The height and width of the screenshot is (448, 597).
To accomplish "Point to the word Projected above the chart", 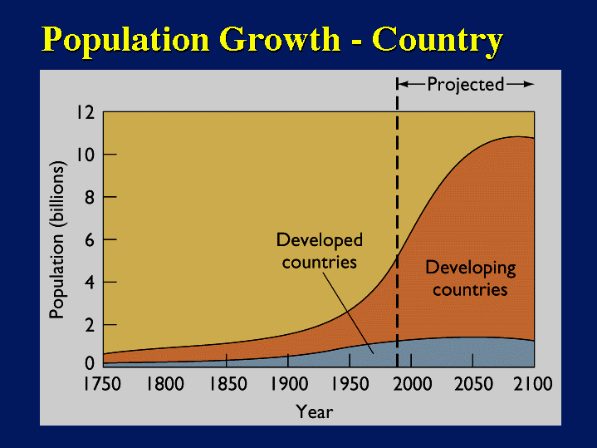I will (x=465, y=84).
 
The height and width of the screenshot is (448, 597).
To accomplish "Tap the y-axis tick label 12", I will (x=86, y=112).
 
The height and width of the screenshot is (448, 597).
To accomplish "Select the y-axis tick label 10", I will (x=86, y=155).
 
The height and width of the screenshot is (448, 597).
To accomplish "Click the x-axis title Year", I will (x=315, y=411).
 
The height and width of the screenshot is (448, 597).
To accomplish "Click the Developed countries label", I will (x=320, y=251).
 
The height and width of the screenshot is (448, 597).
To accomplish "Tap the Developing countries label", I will (x=470, y=278).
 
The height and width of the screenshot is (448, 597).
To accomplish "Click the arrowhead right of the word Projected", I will (x=528, y=84).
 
